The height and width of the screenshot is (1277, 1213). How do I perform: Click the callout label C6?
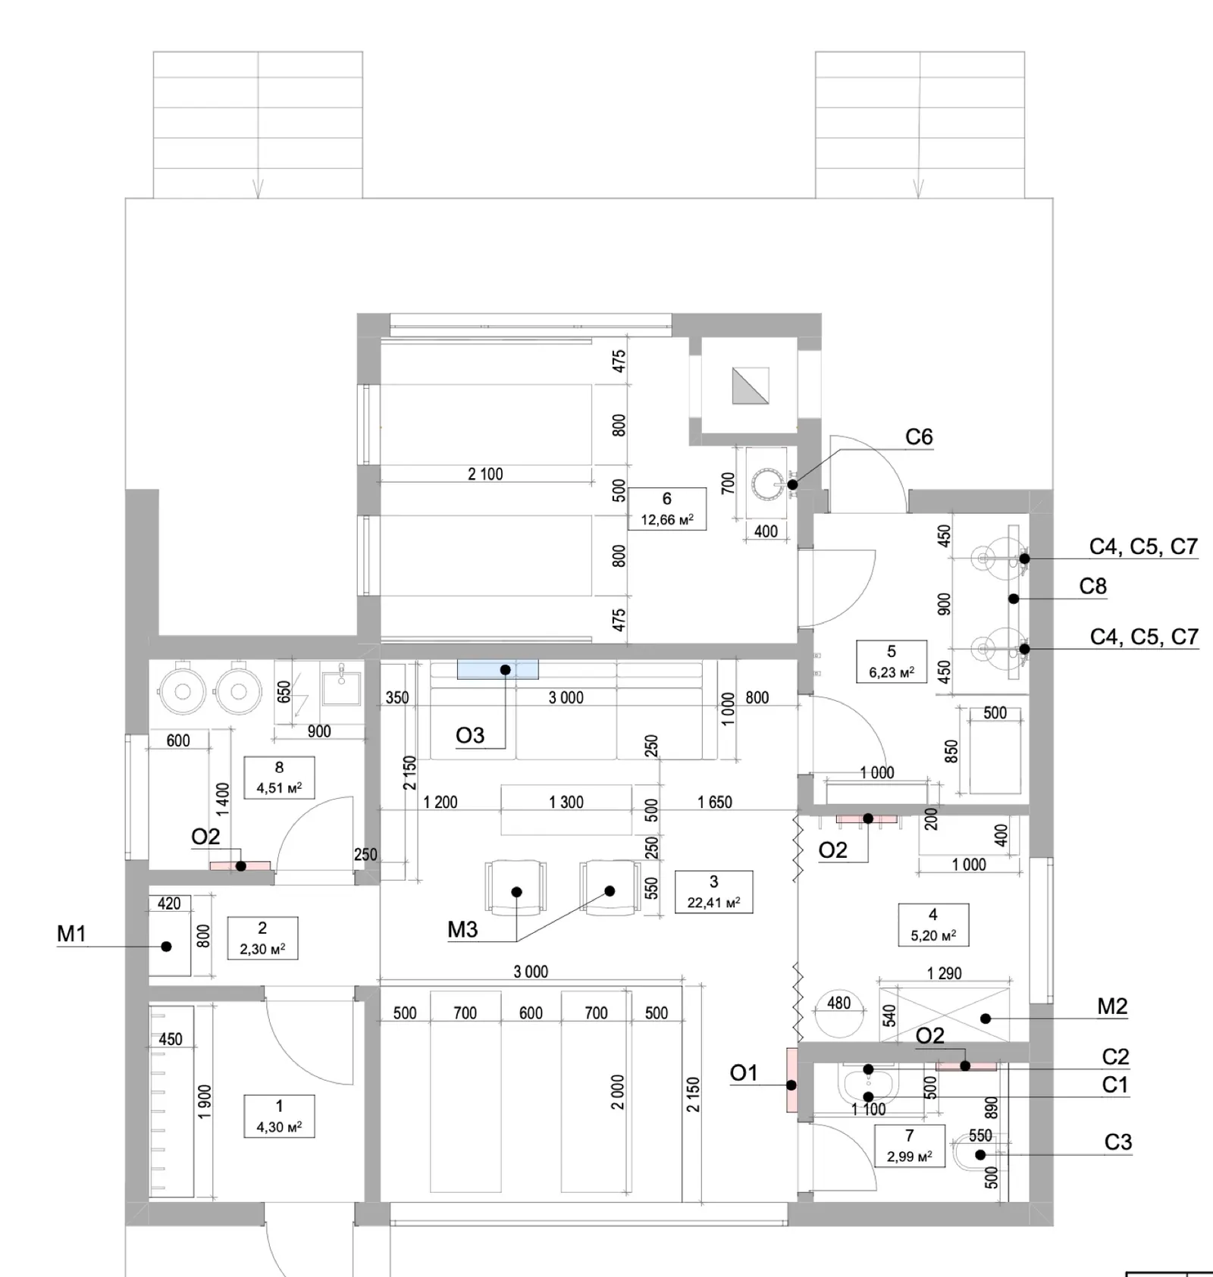tap(919, 437)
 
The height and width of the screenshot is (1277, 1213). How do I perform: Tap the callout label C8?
tap(1092, 586)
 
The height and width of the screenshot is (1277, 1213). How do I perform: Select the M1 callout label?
tap(71, 934)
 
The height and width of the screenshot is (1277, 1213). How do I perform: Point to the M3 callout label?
tap(462, 929)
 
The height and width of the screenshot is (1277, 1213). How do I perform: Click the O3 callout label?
tap(470, 735)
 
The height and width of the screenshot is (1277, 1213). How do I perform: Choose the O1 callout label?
tap(744, 1072)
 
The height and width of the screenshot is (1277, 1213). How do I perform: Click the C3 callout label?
tap(1117, 1142)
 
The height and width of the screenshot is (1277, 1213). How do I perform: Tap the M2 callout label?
tap(1112, 1006)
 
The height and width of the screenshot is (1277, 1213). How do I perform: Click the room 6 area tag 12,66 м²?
tap(667, 520)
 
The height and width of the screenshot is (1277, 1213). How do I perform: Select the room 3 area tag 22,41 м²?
tap(713, 903)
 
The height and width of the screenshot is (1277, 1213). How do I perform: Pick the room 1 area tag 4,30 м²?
tap(279, 1127)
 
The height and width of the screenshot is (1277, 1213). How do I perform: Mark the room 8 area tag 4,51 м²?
tap(279, 787)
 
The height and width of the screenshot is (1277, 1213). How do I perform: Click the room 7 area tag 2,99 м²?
tap(910, 1156)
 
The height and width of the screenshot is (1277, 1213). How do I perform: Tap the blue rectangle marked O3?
tap(497, 669)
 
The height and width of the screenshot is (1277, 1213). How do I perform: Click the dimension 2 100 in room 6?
tap(485, 474)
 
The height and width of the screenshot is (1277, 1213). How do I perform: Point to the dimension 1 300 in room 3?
tap(566, 802)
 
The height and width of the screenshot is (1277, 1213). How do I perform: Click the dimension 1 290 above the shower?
tap(944, 973)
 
